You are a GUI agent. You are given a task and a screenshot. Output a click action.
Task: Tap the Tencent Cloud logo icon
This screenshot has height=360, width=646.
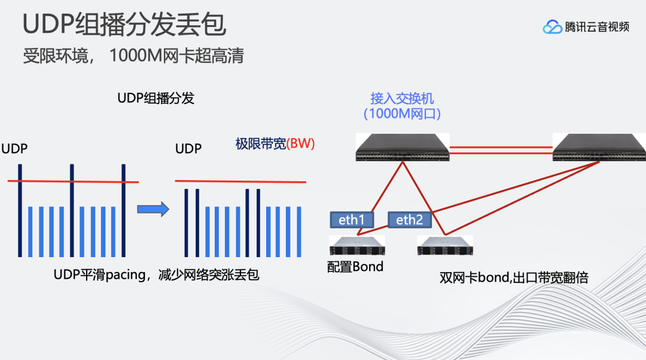552,27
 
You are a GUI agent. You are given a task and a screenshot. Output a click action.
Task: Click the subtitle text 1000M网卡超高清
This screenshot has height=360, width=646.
176,56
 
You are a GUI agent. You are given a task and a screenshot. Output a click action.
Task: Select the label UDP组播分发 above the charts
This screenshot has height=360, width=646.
156,98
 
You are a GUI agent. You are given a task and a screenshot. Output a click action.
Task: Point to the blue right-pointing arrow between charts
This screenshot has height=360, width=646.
153,209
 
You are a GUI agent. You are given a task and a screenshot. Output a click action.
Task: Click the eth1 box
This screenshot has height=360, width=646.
352,220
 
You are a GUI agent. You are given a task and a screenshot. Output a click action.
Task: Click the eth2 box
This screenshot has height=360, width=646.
410,220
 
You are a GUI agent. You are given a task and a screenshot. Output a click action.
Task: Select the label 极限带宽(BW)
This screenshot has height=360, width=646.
275,144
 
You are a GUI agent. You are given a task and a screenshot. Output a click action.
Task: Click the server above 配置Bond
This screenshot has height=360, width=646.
357,245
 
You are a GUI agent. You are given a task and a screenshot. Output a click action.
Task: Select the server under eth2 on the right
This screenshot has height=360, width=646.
445,245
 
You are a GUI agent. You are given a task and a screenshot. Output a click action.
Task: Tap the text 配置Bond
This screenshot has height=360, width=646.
355,267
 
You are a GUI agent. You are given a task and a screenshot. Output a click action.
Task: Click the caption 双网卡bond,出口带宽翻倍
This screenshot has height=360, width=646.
514,278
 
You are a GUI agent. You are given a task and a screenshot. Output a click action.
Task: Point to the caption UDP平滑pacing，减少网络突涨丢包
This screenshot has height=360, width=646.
156,275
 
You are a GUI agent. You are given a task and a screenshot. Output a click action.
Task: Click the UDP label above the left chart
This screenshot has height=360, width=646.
14,148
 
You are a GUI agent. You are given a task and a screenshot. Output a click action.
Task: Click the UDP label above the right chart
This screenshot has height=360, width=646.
188,148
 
